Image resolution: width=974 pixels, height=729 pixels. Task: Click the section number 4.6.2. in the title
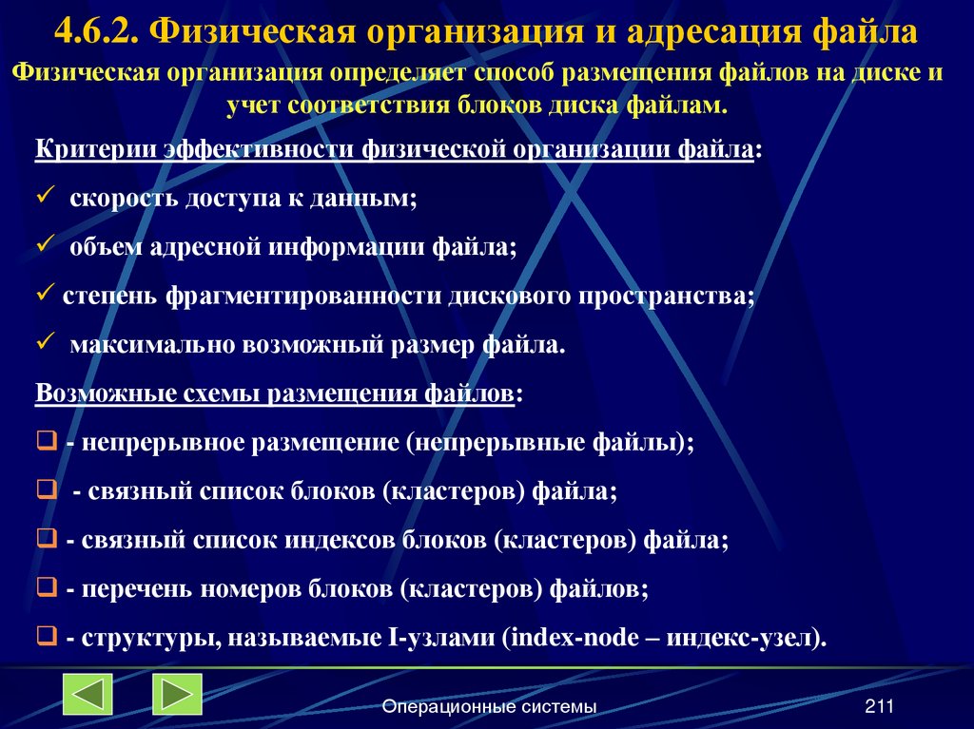tap(98, 34)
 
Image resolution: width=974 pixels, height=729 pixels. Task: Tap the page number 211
tap(880, 705)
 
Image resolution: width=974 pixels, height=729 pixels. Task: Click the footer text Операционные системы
tap(489, 706)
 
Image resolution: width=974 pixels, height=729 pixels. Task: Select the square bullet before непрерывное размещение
tap(46, 443)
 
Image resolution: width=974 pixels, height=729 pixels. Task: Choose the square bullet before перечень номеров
tap(46, 589)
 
